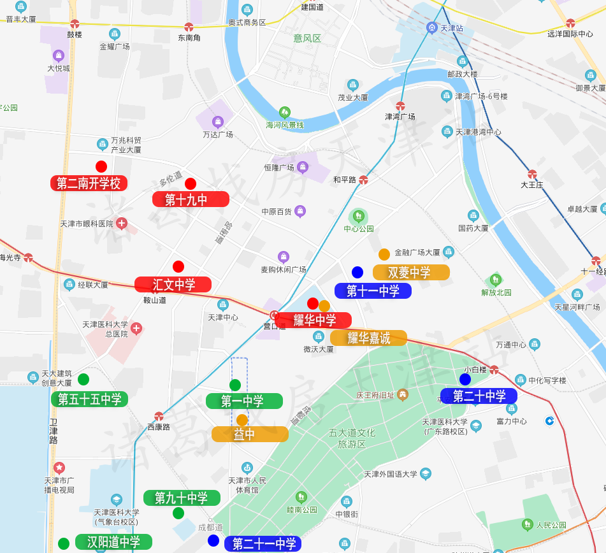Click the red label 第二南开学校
click(89, 183)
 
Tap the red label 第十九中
click(191, 199)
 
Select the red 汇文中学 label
click(173, 285)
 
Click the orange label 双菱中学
click(411, 273)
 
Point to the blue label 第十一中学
click(373, 291)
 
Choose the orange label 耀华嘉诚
click(368, 338)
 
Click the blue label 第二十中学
click(479, 396)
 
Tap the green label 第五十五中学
click(89, 399)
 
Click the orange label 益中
click(250, 434)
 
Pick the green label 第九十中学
click(182, 498)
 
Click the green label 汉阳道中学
click(113, 542)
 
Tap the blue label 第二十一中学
click(263, 544)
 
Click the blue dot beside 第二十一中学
click(213, 541)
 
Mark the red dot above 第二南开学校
click(101, 167)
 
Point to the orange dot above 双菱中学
click(384, 254)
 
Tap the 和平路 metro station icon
click(363, 180)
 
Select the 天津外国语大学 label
click(390, 474)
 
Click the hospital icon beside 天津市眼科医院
click(121, 224)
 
